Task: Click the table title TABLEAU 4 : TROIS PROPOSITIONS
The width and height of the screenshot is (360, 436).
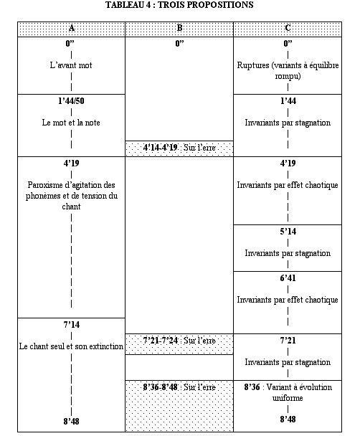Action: coord(179,6)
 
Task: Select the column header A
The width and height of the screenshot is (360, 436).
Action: coord(72,28)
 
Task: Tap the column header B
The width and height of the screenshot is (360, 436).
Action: coord(179,28)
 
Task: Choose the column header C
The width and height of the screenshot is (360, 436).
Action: coord(288,28)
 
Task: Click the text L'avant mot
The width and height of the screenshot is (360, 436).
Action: coord(72,65)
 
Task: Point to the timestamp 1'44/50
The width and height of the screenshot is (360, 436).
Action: coord(72,100)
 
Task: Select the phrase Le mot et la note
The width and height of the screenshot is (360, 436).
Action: coord(72,123)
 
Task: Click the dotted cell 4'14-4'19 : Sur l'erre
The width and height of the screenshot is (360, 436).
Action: coord(179,148)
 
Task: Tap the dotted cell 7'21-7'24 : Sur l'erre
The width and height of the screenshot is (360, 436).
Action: coord(179,340)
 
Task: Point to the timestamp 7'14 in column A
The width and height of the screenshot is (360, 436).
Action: coord(71,325)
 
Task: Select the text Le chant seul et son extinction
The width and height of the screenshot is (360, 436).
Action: coord(71,347)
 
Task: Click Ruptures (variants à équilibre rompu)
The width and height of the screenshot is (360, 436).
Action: coord(288,70)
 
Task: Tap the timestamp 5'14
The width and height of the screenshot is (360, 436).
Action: coord(288,232)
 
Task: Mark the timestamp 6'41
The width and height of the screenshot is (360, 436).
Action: coord(288,278)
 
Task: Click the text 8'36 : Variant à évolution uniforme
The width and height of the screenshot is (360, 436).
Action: coord(288,392)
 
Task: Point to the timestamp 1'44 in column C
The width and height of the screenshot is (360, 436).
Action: coord(288,100)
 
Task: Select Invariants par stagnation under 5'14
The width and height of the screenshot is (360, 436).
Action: coord(288,254)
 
